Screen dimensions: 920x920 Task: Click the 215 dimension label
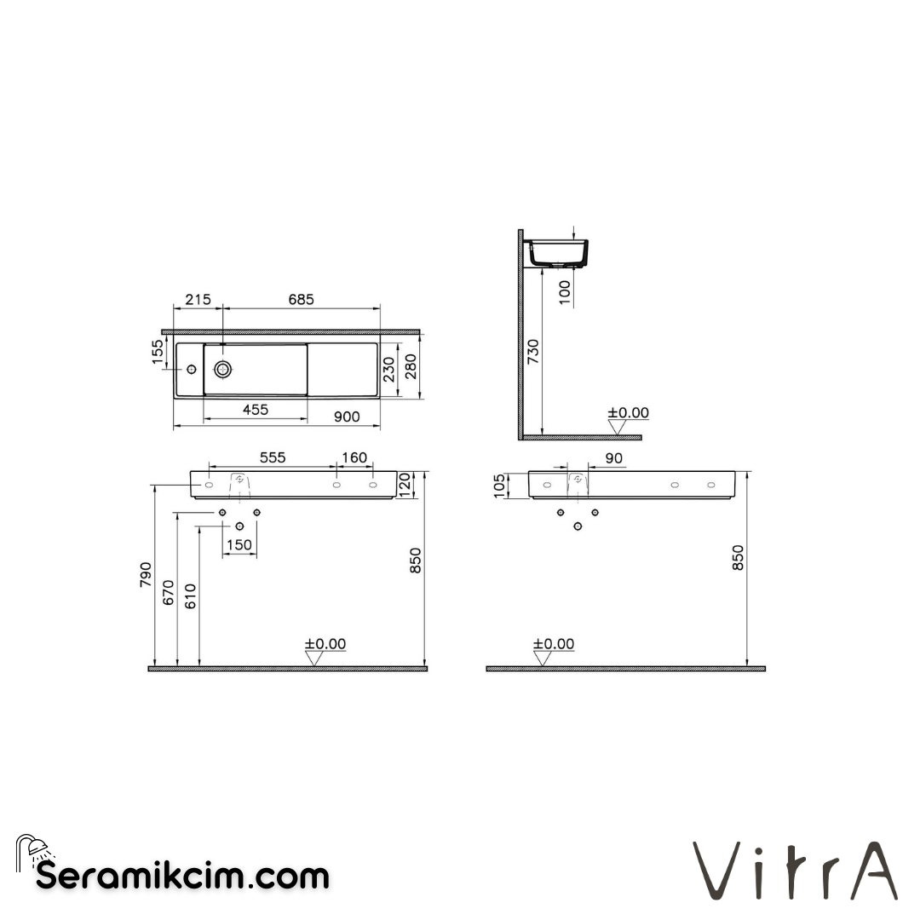(198, 300)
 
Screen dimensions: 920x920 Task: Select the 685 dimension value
(301, 300)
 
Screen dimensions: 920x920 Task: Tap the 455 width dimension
(255, 410)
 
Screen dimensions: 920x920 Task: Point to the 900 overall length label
(347, 417)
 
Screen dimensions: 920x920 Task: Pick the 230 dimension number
(389, 368)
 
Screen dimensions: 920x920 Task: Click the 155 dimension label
(158, 352)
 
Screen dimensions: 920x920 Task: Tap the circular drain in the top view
(223, 369)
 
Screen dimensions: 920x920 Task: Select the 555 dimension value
(272, 458)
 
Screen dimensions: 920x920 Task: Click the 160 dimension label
(354, 458)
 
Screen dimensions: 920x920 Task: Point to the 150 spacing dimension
(239, 545)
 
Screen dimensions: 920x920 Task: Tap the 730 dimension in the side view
(533, 351)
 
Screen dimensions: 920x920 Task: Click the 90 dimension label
(613, 458)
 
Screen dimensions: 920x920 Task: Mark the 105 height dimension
(499, 486)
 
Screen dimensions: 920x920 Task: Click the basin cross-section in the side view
(559, 254)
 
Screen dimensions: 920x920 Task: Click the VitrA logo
(794, 870)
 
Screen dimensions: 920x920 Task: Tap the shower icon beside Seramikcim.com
(32, 852)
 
